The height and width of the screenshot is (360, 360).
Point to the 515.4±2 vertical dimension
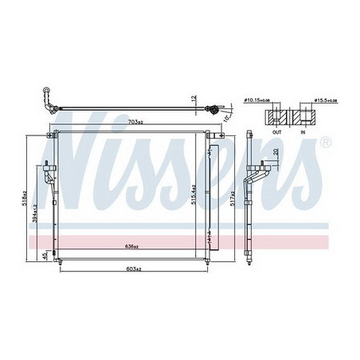click(x=194, y=191)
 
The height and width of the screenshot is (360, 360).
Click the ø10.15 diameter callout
click(x=256, y=101)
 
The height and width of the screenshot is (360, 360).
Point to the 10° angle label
click(x=227, y=117)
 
